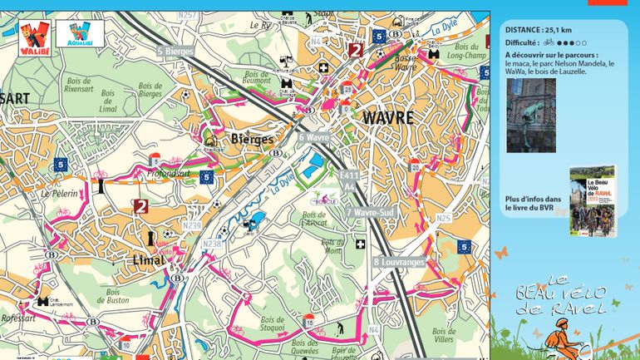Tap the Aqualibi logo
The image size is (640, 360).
click(80, 34)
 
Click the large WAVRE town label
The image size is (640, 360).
click(387, 118)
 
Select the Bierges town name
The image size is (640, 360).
click(251, 139)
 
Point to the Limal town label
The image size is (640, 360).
click(150, 260)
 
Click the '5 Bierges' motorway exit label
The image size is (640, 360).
click(175, 52)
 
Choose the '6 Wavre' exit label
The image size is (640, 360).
click(314, 137)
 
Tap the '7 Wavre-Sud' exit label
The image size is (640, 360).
click(370, 213)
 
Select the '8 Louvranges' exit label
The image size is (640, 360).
click(399, 262)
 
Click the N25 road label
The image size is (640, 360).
click(443, 219)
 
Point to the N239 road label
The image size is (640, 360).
click(191, 225)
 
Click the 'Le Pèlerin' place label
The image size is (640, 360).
click(57, 193)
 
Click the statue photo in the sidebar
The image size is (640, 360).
click(530, 116)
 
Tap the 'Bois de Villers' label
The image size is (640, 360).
click(444, 335)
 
